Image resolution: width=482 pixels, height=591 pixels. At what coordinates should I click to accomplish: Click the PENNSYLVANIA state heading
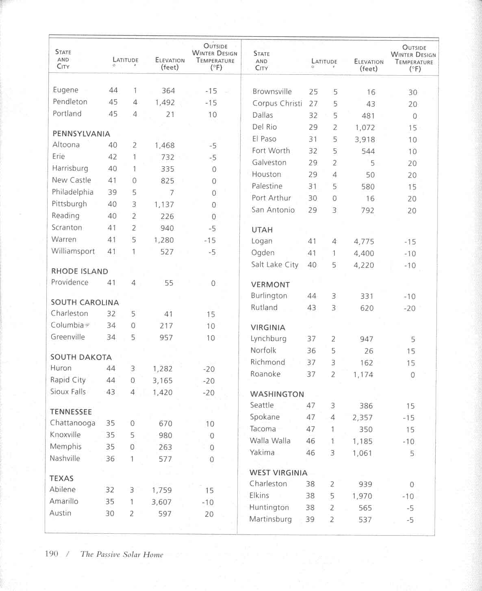pos(81,134)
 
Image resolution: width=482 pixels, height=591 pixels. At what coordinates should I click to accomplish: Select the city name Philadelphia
pos(72,192)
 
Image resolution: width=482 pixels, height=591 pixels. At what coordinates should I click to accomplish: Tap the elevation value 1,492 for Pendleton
pos(165,102)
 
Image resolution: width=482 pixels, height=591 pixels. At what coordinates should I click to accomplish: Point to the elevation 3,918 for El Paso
pos(365,139)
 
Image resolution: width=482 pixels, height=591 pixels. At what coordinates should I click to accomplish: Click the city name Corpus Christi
pos(277,103)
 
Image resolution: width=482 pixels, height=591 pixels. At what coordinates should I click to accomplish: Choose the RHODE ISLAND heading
pos(80,271)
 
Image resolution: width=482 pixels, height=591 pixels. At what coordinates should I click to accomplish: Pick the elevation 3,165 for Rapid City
pos(163,380)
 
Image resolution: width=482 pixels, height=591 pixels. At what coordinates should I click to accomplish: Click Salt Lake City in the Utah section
pos(274,265)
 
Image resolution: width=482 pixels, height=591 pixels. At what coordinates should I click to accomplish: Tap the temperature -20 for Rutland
pos(409,308)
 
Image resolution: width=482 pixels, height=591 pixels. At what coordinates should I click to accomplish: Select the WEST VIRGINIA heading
pos(278,473)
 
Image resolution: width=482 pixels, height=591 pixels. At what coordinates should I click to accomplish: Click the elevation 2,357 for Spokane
pos(363,417)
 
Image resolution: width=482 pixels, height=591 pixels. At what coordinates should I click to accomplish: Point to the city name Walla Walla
pos(270,441)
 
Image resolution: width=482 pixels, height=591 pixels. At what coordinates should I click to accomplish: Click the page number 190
pos(52,554)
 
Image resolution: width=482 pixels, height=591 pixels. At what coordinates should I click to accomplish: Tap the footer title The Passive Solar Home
pos(122,554)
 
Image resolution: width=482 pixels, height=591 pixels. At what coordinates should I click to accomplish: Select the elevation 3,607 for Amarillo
pos(161,502)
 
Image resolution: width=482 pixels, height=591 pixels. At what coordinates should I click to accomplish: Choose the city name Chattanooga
pos(72,423)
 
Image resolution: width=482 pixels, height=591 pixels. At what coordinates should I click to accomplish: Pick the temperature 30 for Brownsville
pos(413,92)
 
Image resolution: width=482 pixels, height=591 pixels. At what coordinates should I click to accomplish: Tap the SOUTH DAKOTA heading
pos(81,357)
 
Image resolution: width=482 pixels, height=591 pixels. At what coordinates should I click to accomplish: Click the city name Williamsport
pos(73,251)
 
